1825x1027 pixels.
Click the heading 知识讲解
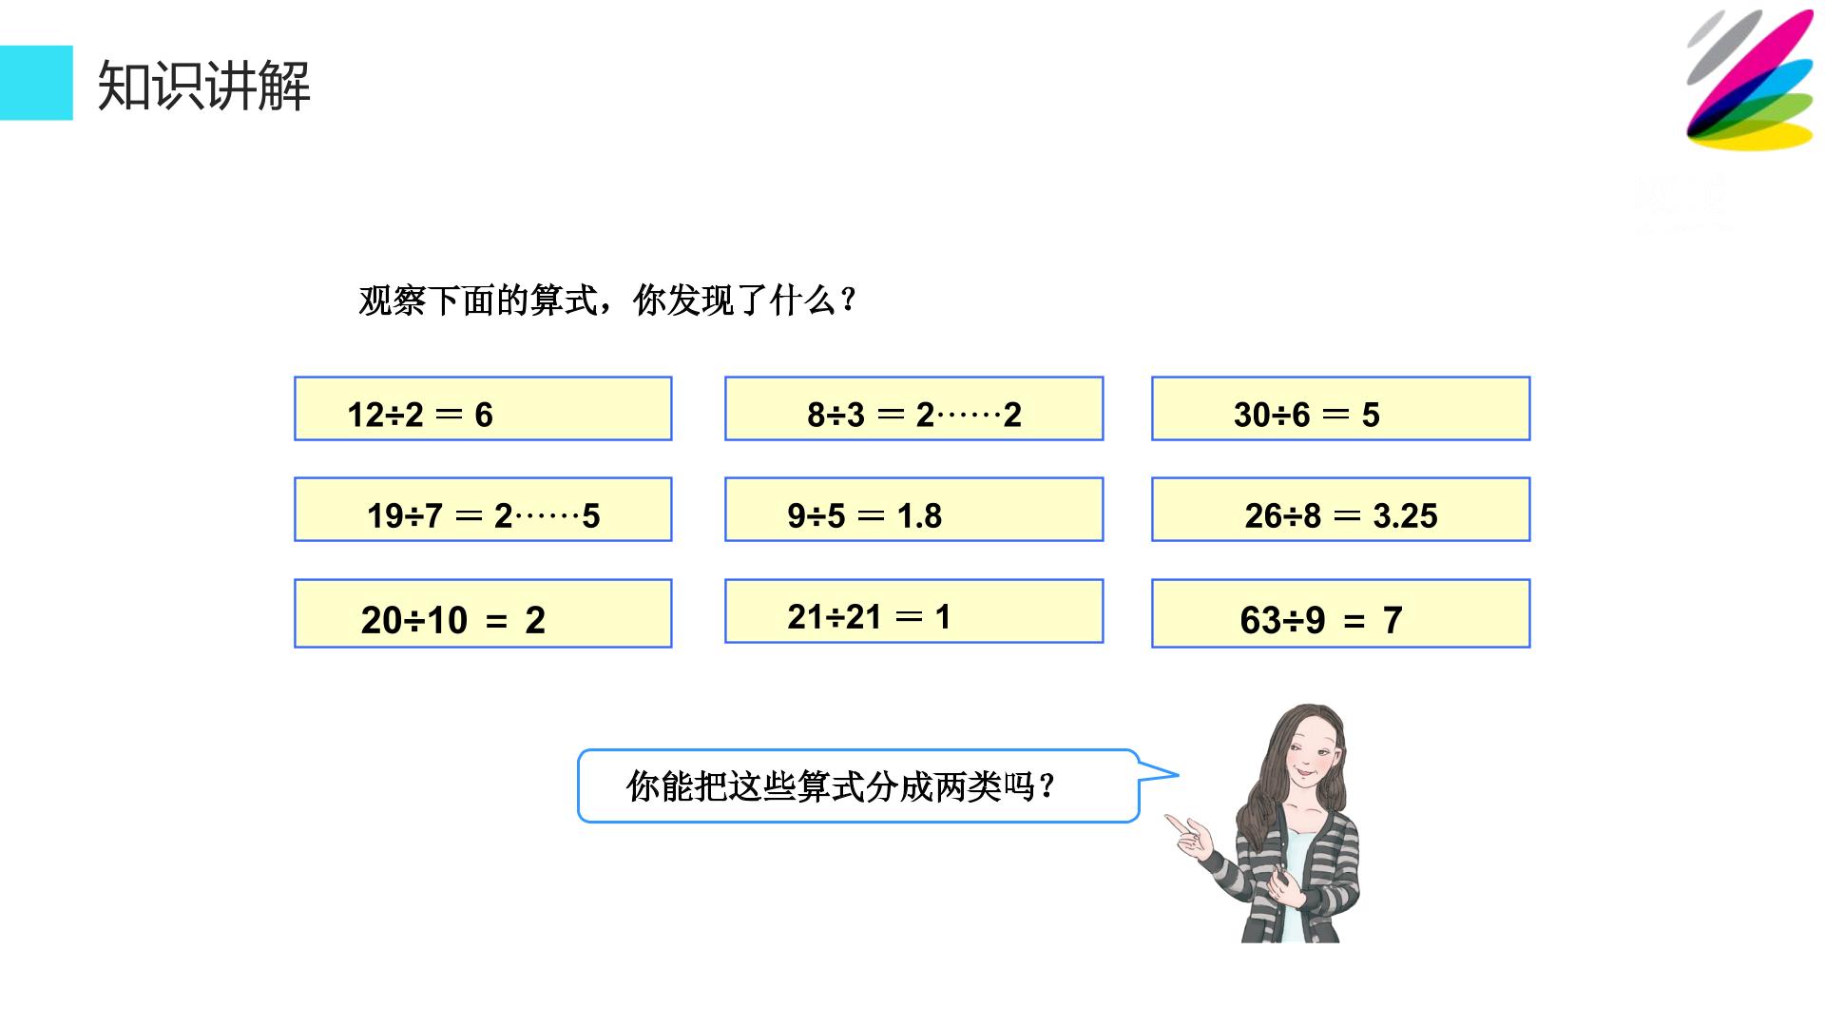click(204, 86)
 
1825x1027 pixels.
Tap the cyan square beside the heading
click(36, 83)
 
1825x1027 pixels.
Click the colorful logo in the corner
click(1750, 80)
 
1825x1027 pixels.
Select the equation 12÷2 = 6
click(420, 415)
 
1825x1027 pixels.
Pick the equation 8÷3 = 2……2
click(914, 415)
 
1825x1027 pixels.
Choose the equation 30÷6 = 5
click(1307, 415)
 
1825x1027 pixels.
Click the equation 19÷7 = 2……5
click(484, 515)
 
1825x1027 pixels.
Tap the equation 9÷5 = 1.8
click(865, 515)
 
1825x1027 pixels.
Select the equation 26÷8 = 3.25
click(1341, 515)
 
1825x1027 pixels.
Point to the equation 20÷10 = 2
click(453, 620)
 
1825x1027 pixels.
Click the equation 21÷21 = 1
click(869, 616)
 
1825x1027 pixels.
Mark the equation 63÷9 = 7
click(1321, 620)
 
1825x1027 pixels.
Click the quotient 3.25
click(1406, 515)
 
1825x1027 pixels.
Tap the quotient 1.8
click(919, 515)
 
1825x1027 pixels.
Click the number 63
click(1261, 620)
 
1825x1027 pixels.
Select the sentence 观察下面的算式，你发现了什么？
click(608, 300)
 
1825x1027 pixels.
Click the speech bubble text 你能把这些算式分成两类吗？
click(840, 786)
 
